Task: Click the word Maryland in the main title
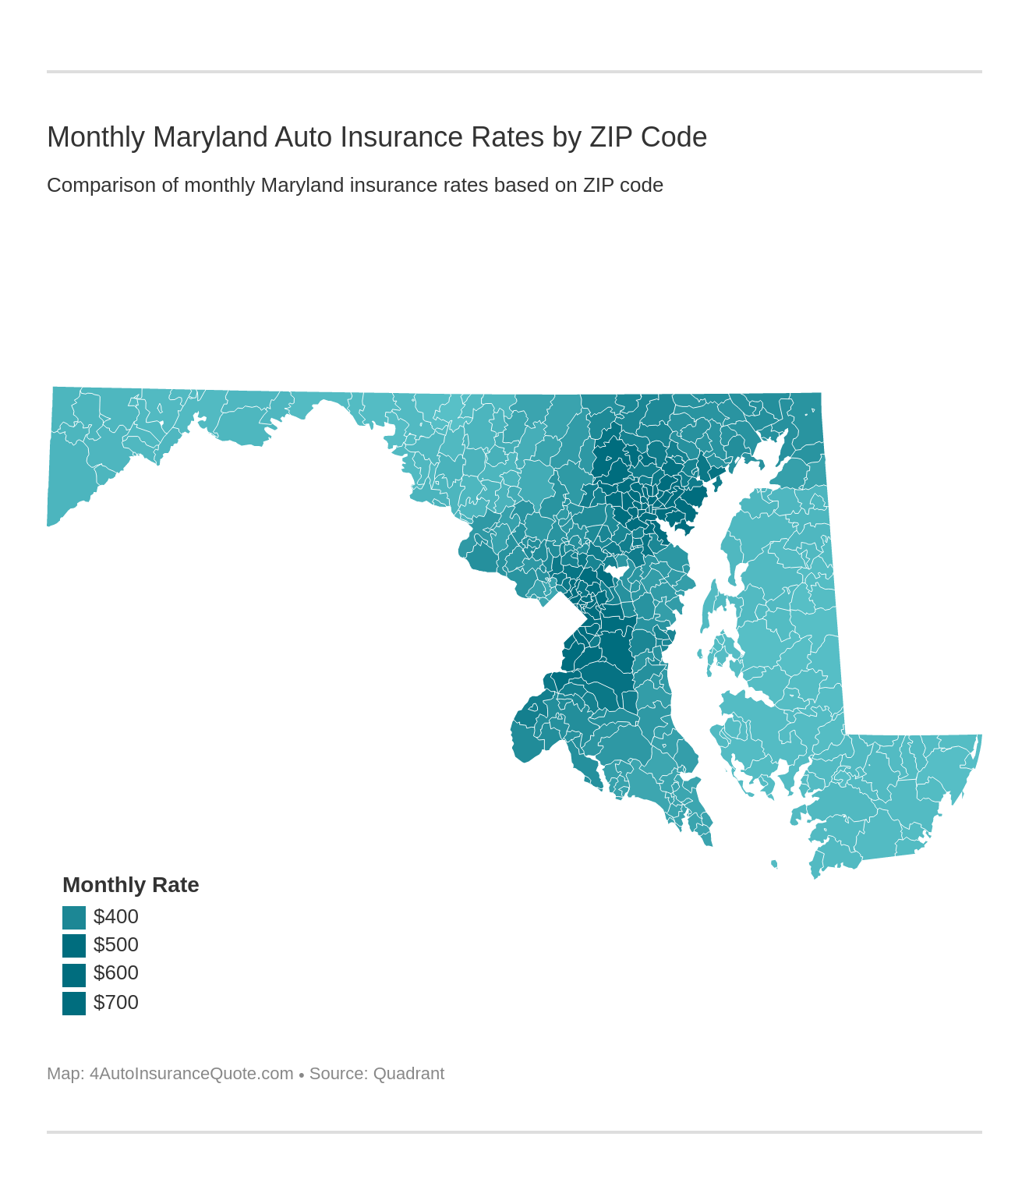click(x=209, y=137)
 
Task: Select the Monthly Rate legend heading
click(x=130, y=885)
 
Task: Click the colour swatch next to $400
click(x=74, y=917)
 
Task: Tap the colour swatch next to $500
click(x=74, y=945)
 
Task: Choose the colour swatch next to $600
click(x=74, y=974)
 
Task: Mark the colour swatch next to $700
click(x=74, y=1003)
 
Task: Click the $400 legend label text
click(x=116, y=917)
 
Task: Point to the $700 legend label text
click(x=116, y=1003)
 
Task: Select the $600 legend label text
click(x=116, y=973)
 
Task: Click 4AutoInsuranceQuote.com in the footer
click(x=191, y=1074)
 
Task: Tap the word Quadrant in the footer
click(x=408, y=1074)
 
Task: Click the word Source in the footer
click(x=338, y=1074)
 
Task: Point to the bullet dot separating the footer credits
click(x=302, y=1075)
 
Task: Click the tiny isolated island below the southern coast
click(x=774, y=863)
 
